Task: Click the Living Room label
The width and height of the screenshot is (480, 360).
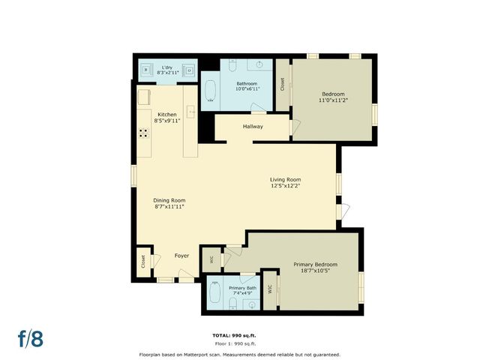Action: click(285, 179)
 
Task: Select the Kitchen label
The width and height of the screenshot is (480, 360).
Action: click(166, 114)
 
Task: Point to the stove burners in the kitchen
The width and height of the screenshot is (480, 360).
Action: click(143, 133)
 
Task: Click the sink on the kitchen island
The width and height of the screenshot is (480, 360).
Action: click(191, 112)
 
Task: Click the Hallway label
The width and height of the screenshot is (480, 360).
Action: click(252, 127)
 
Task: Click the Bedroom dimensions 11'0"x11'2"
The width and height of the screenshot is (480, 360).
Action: click(332, 100)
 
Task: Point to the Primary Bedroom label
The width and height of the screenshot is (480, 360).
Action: click(315, 264)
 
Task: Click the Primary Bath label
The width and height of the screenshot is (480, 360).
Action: click(242, 288)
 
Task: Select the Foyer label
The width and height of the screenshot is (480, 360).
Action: click(182, 256)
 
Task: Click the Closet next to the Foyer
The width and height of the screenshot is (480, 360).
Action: click(142, 262)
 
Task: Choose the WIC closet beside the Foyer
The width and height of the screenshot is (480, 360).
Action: click(212, 259)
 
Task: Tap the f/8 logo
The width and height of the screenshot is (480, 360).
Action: click(30, 337)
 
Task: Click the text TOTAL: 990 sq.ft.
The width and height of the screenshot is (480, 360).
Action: click(239, 334)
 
